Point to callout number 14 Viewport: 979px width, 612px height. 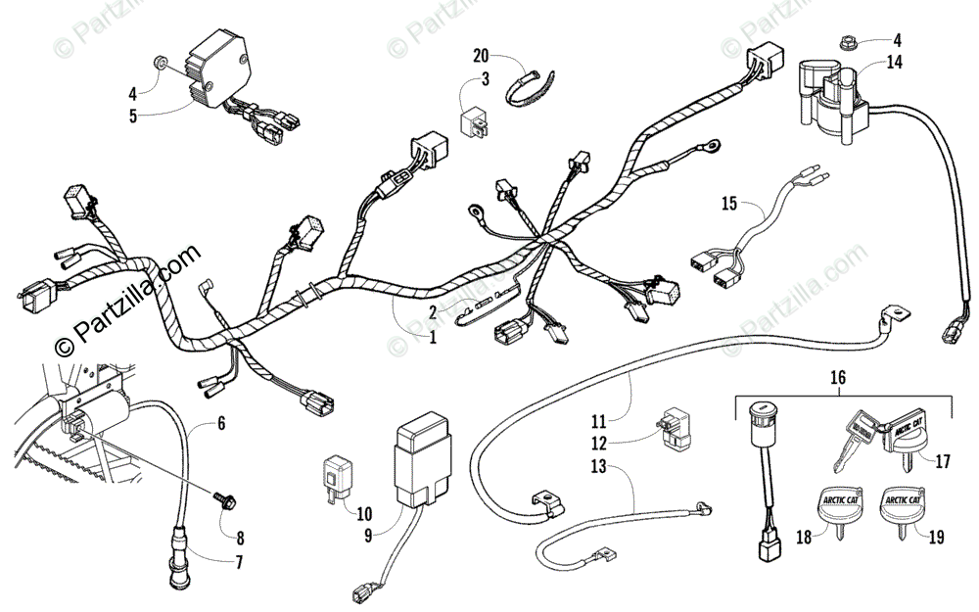click(x=895, y=63)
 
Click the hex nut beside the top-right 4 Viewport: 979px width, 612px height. click(x=848, y=42)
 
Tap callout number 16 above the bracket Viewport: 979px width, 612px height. click(x=837, y=377)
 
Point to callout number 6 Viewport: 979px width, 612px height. click(x=220, y=424)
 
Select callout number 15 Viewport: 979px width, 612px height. click(x=727, y=204)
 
